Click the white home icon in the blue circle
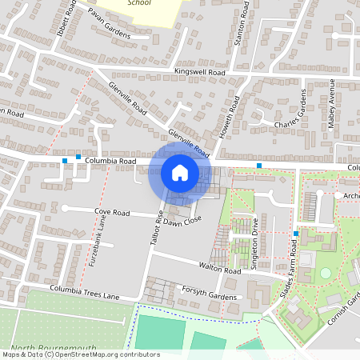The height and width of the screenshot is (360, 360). click(179, 173)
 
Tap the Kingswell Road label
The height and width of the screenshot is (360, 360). click(200, 72)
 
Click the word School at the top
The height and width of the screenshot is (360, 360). click(139, 3)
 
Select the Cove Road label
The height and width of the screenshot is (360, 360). click(112, 212)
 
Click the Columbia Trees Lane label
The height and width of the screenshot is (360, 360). click(84, 293)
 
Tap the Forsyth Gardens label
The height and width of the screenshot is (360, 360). click(210, 294)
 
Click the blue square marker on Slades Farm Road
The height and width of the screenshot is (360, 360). click(295, 234)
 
